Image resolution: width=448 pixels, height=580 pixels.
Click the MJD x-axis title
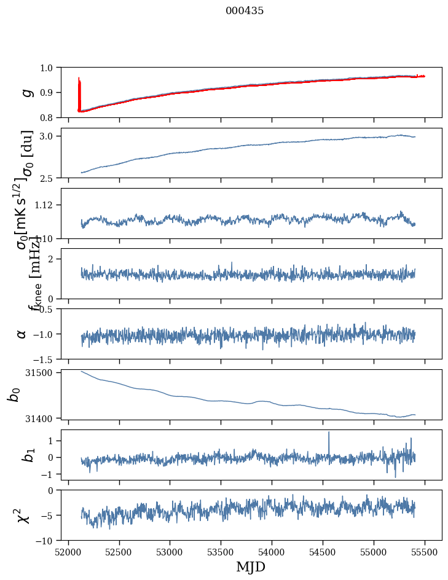(x=251, y=567)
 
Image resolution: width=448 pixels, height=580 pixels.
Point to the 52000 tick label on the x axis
(x=68, y=552)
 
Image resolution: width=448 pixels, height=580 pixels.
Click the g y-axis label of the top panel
(x=26, y=92)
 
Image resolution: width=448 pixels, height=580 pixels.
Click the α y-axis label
(x=22, y=334)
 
